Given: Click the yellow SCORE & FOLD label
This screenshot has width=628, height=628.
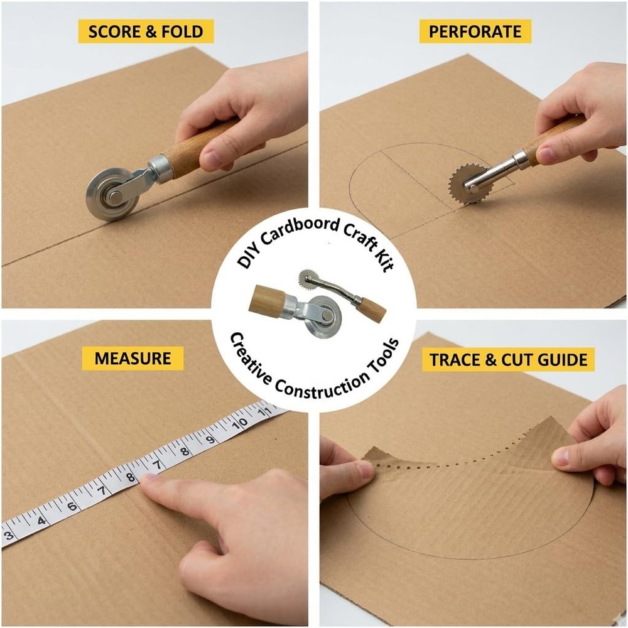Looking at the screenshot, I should pos(146,31).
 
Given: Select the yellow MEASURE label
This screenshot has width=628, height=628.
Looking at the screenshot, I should pos(133,358).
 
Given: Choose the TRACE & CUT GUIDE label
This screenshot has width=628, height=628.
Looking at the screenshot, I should pos(508,360).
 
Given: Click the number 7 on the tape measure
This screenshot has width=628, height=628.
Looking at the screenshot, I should pos(156,465).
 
